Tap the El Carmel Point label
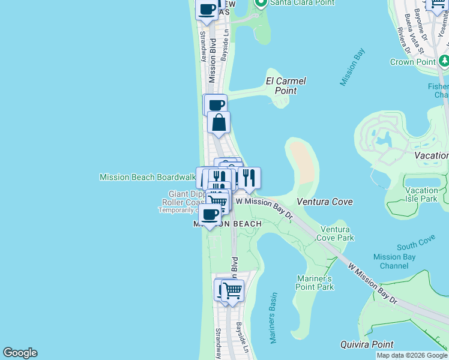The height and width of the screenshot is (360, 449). tap(286, 86)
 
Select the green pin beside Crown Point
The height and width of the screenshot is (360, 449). tap(444, 61)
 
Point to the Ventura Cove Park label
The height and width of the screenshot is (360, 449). tap(337, 233)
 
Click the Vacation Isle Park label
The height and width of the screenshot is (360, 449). tap(421, 194)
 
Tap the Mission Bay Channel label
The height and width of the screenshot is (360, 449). tap(394, 262)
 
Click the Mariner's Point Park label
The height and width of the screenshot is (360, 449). tap(315, 283)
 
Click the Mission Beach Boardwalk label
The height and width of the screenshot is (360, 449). tap(147, 177)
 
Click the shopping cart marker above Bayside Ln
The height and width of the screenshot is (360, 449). tap(232, 290)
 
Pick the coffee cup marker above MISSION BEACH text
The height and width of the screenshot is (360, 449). tap(209, 214)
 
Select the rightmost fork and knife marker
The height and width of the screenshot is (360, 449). tap(249, 178)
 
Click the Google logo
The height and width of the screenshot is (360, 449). tap(20, 353)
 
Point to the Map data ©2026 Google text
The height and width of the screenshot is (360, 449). tap(412, 355)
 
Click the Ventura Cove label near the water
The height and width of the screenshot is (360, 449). tap(325, 202)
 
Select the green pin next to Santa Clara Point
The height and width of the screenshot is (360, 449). tap(261, 3)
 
